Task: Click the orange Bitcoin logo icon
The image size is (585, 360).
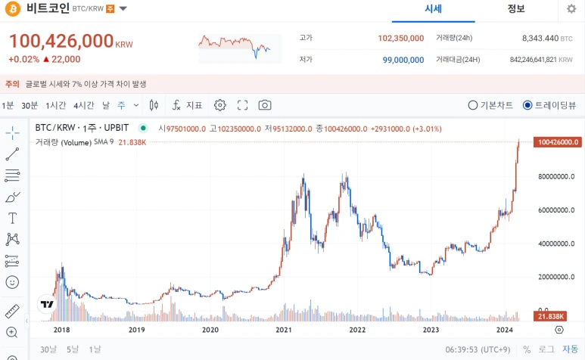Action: (x=13, y=8)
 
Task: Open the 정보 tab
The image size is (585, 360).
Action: (x=516, y=8)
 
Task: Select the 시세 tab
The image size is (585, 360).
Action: (x=433, y=8)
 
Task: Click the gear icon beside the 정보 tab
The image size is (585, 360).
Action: (x=571, y=8)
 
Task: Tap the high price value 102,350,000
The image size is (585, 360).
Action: (x=400, y=38)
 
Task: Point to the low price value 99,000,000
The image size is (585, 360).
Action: (x=403, y=60)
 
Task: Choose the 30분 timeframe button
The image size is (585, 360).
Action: (x=30, y=105)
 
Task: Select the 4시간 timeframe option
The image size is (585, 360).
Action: (x=83, y=105)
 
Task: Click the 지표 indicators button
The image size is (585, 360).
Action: (x=187, y=105)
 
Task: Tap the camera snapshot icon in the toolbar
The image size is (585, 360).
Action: (x=265, y=105)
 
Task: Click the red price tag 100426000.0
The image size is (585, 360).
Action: (x=558, y=142)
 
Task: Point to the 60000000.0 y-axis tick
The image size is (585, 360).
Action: (x=556, y=210)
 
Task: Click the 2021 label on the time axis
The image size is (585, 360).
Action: (x=284, y=330)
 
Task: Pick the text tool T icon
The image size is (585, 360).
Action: (x=12, y=218)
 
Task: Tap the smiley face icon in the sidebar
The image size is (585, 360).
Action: (x=12, y=282)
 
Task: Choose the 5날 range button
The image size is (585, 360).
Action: (x=73, y=349)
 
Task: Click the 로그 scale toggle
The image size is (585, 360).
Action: (x=546, y=349)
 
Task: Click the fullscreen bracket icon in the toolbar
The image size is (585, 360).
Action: (x=242, y=105)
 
